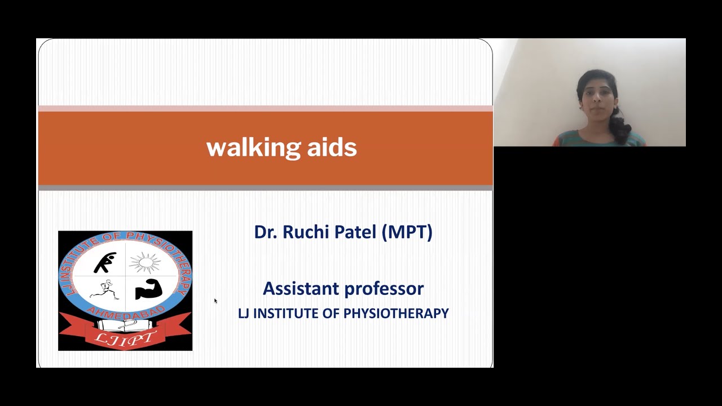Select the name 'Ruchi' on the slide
click(x=305, y=232)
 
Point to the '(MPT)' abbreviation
click(x=407, y=232)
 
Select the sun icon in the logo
click(x=145, y=263)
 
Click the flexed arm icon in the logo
click(x=148, y=289)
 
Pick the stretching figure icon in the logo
click(x=105, y=263)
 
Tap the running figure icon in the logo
click(x=104, y=290)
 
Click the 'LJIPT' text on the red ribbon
click(x=125, y=338)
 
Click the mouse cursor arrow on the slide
click(x=215, y=301)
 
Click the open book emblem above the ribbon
click(x=125, y=325)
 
